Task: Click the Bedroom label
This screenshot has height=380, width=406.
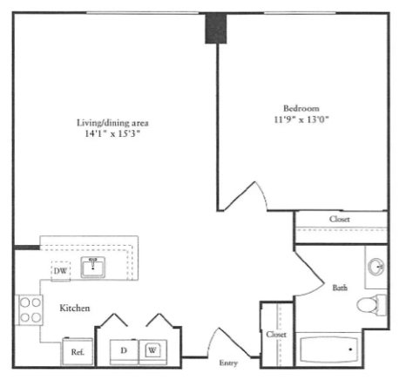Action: (301, 108)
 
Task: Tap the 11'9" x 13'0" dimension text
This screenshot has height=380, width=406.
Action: (301, 119)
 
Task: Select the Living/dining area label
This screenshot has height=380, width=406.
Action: (112, 123)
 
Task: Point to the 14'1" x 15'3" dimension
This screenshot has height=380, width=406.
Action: (112, 133)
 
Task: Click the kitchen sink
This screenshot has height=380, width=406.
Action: (93, 267)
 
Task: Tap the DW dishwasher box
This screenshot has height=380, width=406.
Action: (61, 271)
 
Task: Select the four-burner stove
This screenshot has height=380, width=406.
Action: (30, 310)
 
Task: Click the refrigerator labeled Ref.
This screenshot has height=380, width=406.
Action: (78, 351)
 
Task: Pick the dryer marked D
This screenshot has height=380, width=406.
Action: (124, 351)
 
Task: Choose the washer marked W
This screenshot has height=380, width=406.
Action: (152, 351)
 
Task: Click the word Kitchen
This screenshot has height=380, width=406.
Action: (75, 308)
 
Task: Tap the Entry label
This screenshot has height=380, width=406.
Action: (228, 363)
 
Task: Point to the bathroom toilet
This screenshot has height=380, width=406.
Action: (371, 305)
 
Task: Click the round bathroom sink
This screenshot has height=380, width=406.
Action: (376, 266)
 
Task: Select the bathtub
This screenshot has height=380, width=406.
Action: (328, 349)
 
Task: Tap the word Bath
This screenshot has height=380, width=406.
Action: (340, 288)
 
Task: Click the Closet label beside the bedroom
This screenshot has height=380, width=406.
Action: (340, 219)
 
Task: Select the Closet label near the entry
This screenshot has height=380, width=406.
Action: (276, 335)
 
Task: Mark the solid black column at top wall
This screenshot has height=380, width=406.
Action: (216, 29)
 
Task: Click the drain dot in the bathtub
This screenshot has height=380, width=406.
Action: (350, 349)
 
